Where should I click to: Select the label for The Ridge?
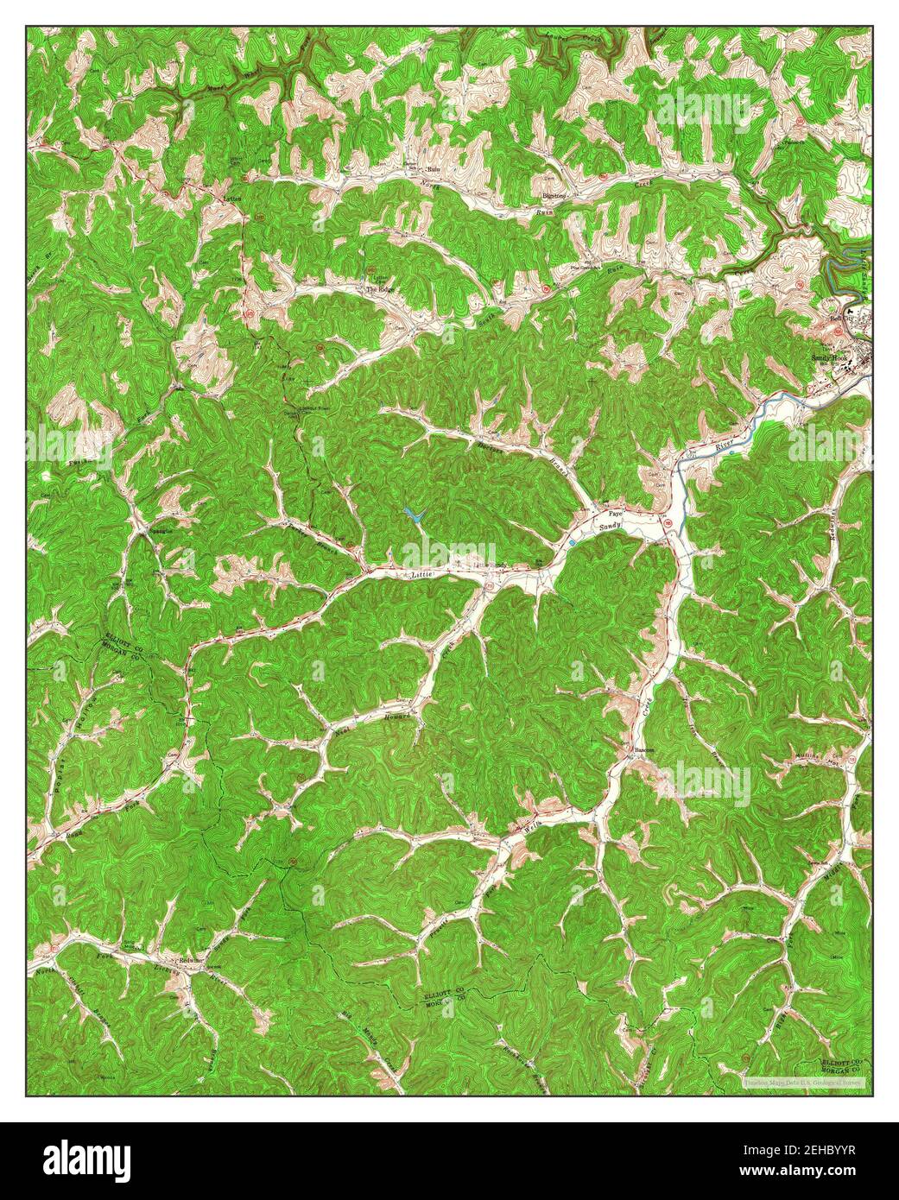(x=380, y=289)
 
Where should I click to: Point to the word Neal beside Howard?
(x=339, y=730)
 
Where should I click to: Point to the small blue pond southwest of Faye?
(x=572, y=542)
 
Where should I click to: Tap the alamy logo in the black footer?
(x=87, y=1157)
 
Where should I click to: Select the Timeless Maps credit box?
(x=804, y=1081)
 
